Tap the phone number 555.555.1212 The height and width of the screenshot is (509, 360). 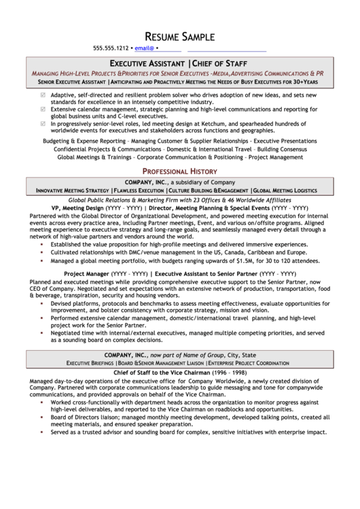[111, 49]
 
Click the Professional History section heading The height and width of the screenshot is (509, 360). [179, 171]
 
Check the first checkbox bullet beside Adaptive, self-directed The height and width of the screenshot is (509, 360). [44, 94]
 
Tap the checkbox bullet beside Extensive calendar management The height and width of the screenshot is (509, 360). [44, 108]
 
